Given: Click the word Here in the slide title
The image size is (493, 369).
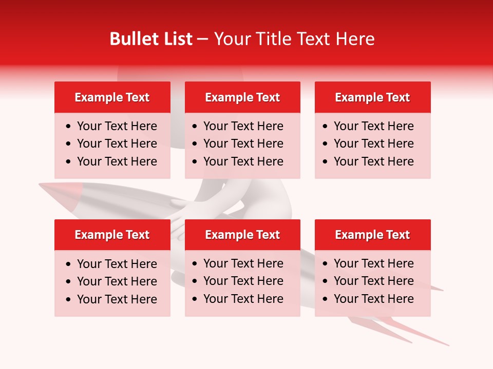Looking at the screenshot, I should [355, 39].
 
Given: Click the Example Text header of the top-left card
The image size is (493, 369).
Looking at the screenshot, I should [112, 97].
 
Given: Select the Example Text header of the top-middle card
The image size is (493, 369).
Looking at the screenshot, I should [242, 97].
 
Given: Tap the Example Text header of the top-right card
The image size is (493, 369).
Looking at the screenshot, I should [372, 97].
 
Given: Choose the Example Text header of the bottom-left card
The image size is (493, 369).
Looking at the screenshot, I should [112, 235].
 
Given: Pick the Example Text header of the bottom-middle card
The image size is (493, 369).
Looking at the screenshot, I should [242, 235].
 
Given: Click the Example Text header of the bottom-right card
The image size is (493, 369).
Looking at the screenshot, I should [372, 235].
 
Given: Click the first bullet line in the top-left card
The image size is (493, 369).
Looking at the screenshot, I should [117, 126].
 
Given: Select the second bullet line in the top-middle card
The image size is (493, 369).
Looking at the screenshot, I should [243, 143].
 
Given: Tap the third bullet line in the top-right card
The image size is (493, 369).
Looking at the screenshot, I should [373, 161].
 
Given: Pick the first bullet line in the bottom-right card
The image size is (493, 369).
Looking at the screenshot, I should [373, 263].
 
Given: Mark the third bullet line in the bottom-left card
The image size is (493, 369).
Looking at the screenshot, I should [117, 299].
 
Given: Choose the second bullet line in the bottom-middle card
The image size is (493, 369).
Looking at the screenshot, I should [243, 281].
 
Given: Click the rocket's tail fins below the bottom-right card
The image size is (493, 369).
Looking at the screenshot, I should [406, 331].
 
